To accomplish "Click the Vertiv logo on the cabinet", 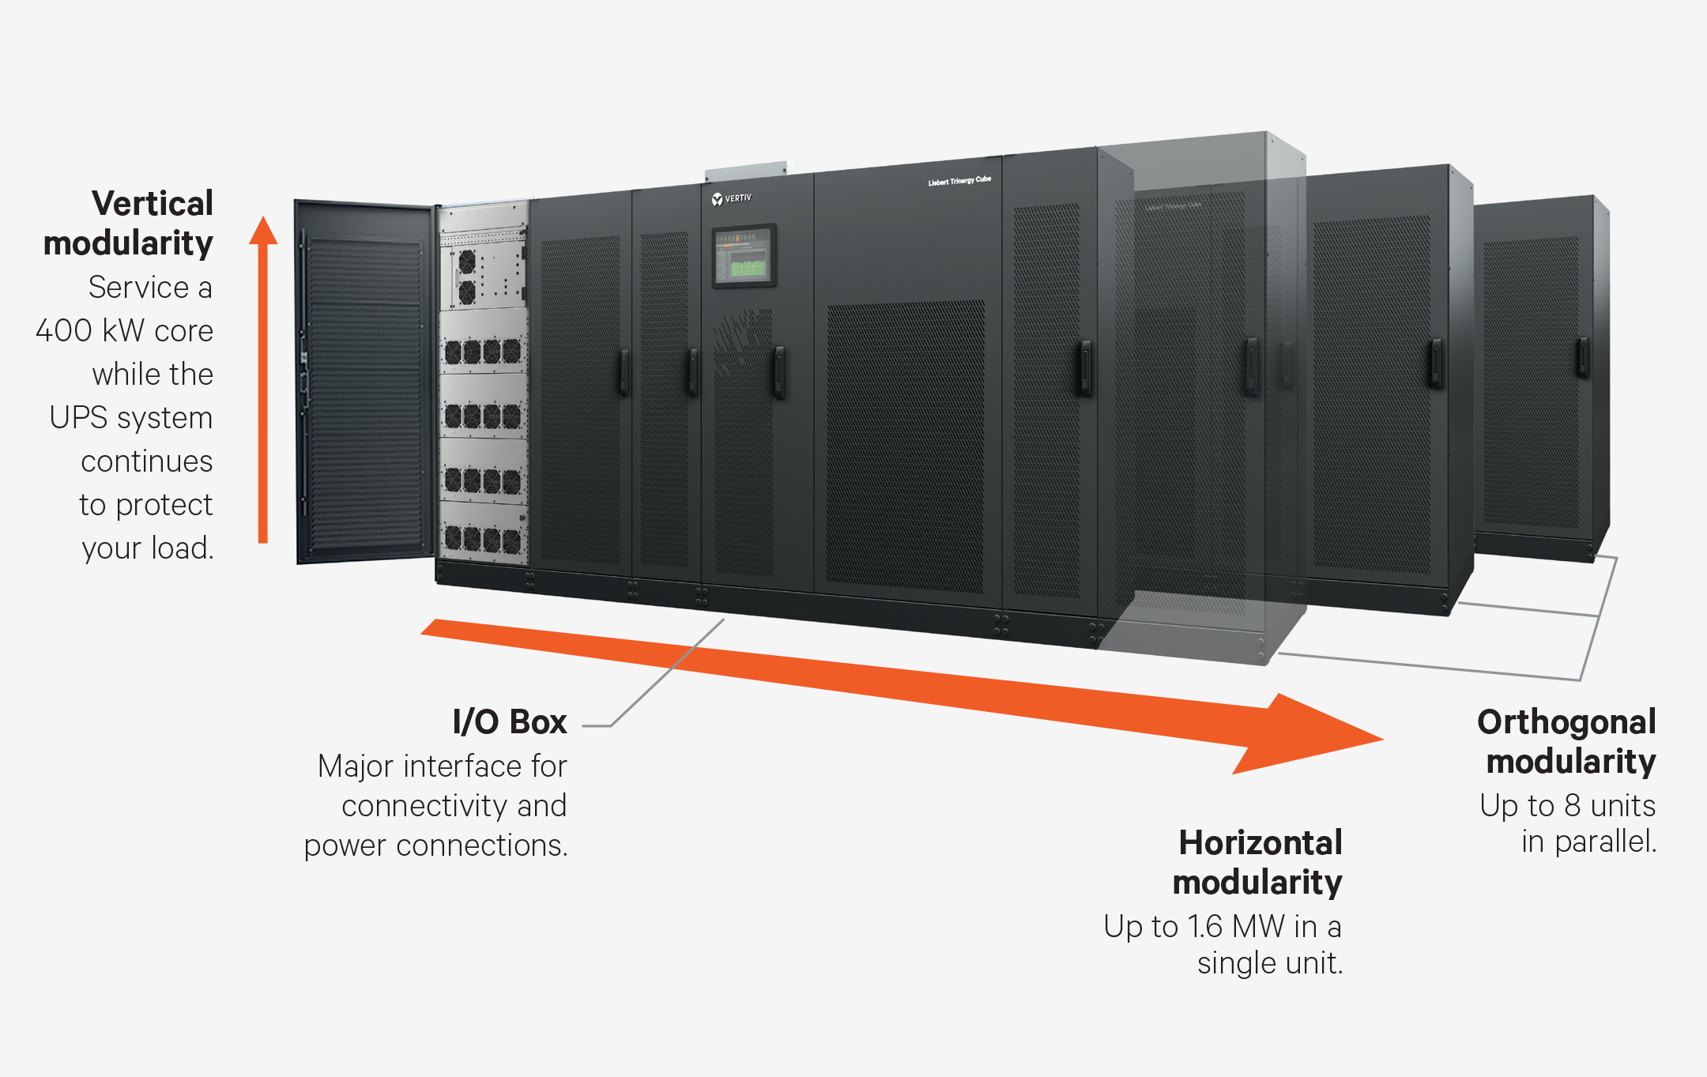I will click(x=731, y=198).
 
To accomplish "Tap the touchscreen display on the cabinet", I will click(x=744, y=256).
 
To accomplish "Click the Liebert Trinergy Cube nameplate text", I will click(x=959, y=181).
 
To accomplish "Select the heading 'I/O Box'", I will click(x=509, y=721).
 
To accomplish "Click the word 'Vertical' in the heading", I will click(x=153, y=203).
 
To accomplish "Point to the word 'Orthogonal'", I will click(x=1566, y=721).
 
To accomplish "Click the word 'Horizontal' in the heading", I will click(x=1260, y=842).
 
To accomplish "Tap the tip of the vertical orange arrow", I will click(x=263, y=225).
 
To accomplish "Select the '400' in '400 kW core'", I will click(x=64, y=330).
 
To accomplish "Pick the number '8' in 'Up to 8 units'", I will click(x=1572, y=805).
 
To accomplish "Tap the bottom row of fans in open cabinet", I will click(x=482, y=540).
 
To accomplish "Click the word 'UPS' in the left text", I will click(x=78, y=417).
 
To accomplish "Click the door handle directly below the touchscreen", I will click(x=778, y=371).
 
